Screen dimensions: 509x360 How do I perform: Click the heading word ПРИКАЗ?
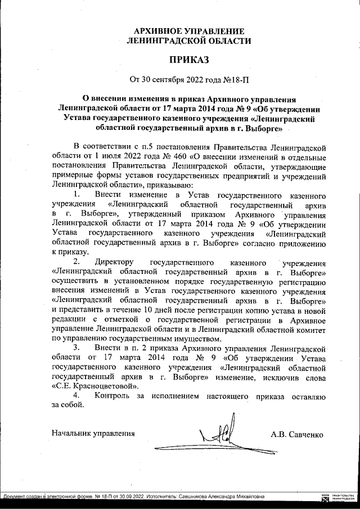(x=188, y=59)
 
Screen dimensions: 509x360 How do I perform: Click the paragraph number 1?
(x=77, y=195)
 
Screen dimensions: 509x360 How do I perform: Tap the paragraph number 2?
(x=77, y=262)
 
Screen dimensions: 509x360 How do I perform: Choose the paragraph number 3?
(x=77, y=349)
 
